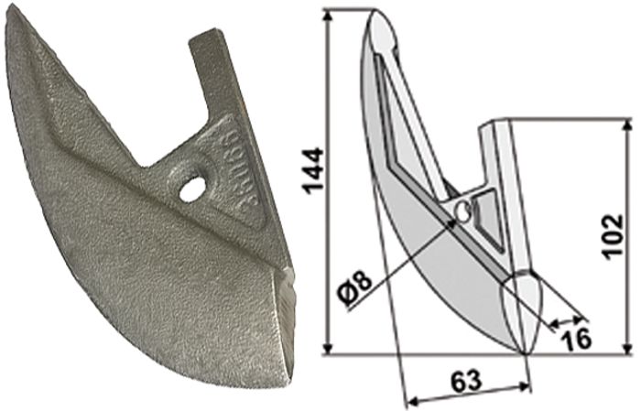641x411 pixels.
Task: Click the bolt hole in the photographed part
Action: (x=192, y=189)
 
